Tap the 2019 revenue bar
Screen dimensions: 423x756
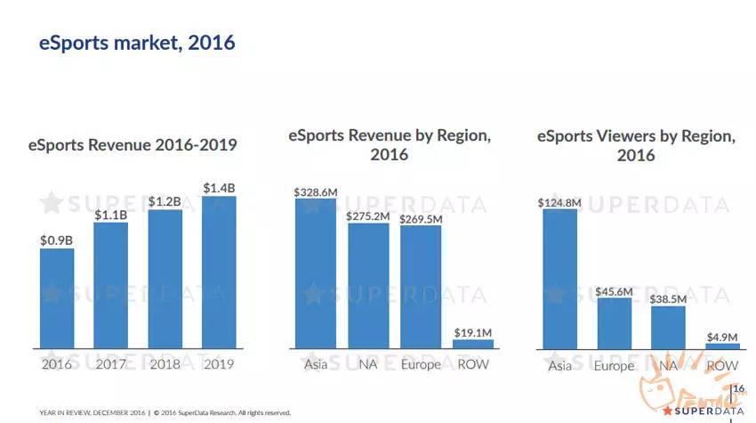[x=219, y=272]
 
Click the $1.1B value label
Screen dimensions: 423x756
[x=111, y=215]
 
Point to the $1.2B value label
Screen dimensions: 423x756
[x=165, y=202]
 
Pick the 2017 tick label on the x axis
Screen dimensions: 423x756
[x=111, y=363]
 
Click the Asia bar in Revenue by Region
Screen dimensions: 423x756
[x=316, y=273]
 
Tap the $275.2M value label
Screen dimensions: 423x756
[x=368, y=216]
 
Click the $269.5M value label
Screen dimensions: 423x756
[x=421, y=218]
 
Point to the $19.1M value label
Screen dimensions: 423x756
[x=473, y=332]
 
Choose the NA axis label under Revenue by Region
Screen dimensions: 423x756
[x=368, y=364]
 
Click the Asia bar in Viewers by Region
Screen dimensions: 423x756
[x=559, y=279]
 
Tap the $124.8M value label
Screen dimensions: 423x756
[x=559, y=202]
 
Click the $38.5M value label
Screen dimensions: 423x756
[x=668, y=300]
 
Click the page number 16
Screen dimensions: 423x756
[x=738, y=389]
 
